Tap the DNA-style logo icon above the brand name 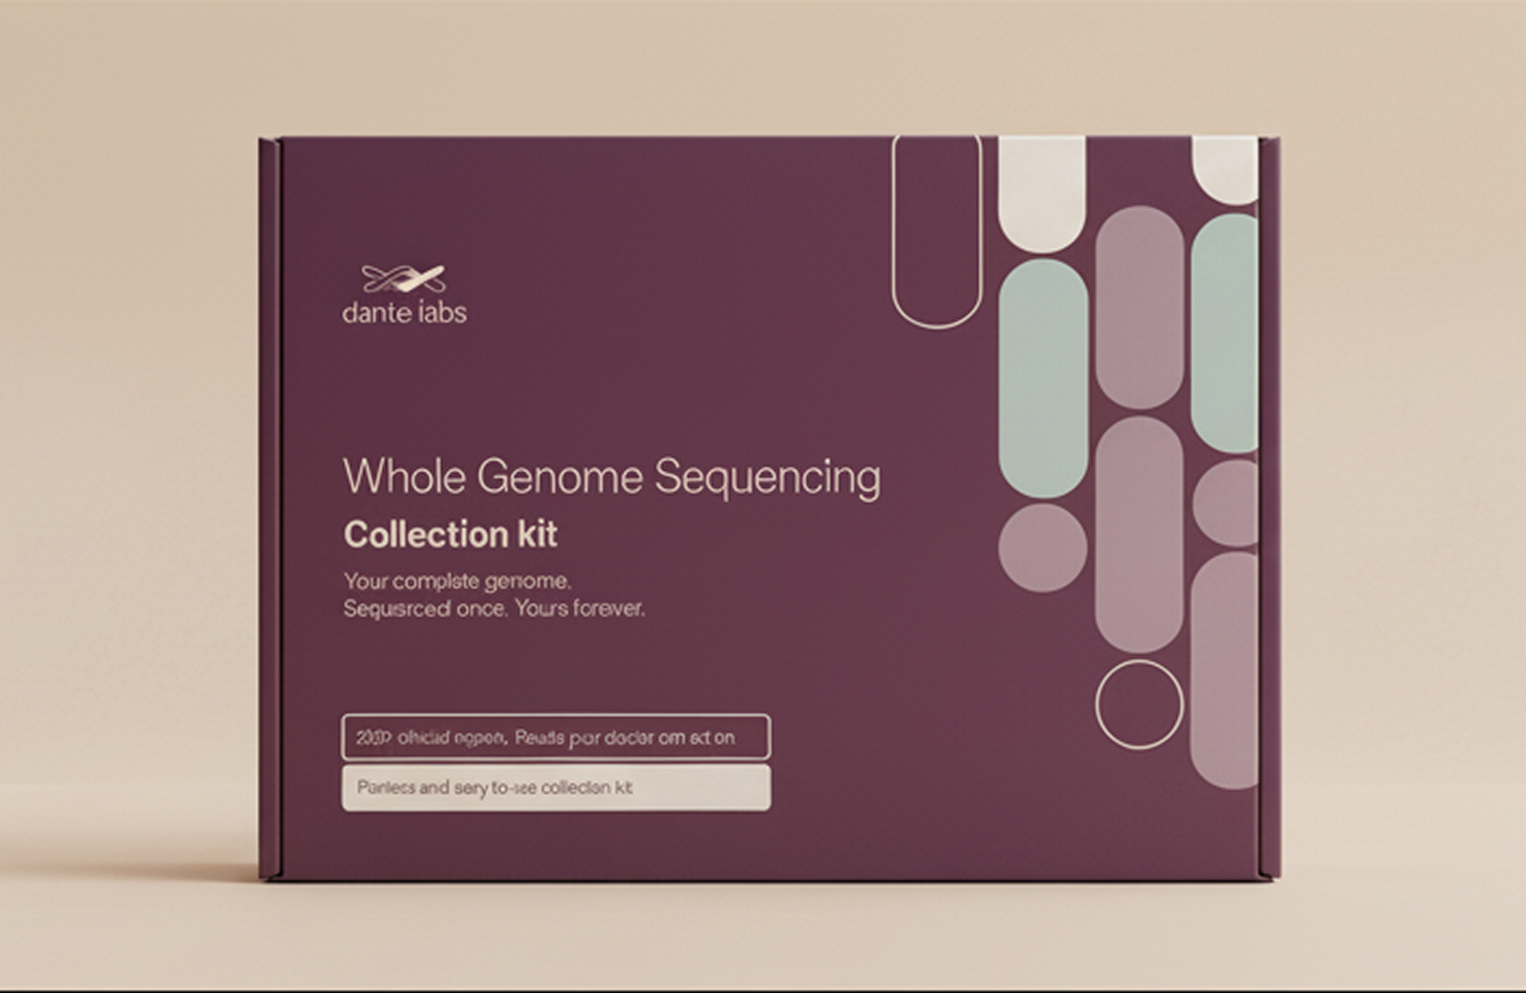403,279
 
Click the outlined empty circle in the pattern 1139,704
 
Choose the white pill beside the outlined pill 1041,192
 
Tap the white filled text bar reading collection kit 556,788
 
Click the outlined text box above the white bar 556,737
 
